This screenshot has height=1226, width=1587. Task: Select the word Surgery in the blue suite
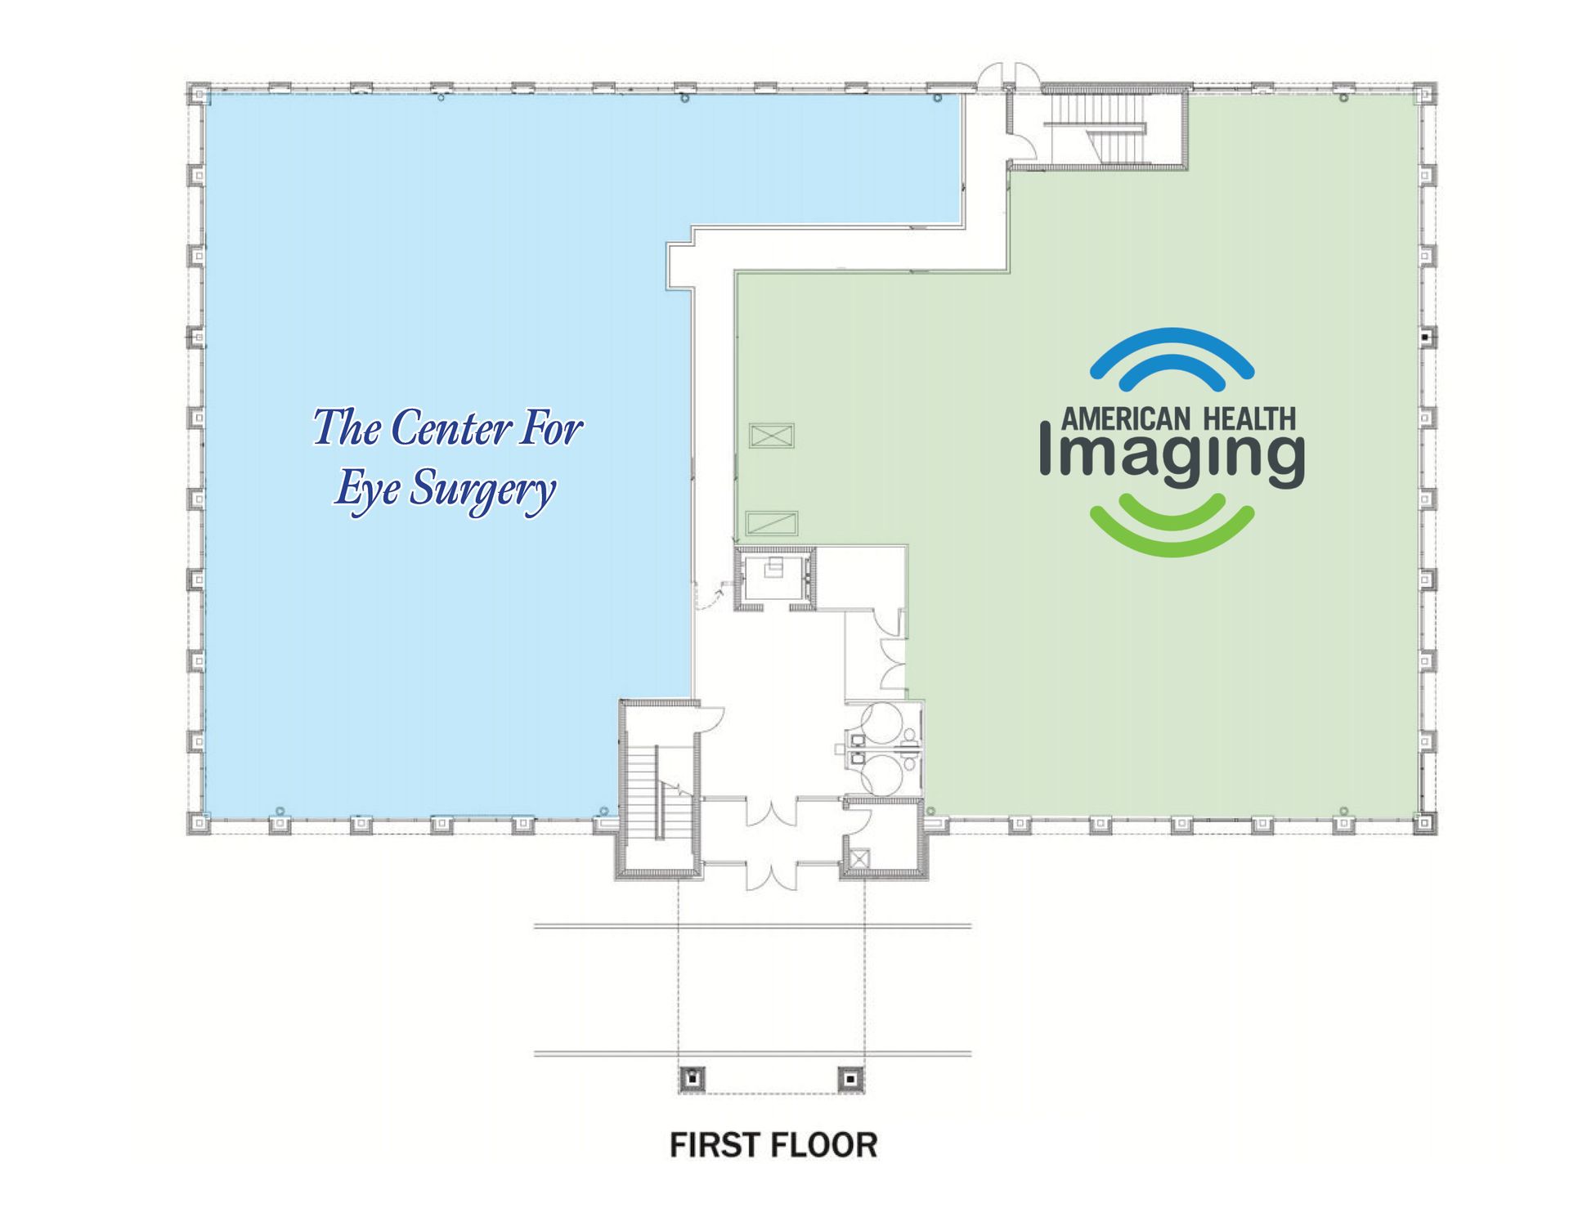click(482, 490)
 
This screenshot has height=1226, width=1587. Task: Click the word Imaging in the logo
click(1172, 456)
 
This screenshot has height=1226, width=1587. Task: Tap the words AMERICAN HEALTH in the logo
click(1178, 419)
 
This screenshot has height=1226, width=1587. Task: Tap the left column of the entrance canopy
click(693, 1079)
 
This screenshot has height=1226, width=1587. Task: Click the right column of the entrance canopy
click(850, 1079)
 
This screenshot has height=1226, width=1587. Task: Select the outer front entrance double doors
click(771, 876)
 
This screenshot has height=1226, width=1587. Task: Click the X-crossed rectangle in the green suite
click(772, 436)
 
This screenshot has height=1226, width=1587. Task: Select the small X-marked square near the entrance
click(859, 859)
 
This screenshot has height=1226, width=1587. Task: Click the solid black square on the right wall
click(1425, 337)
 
